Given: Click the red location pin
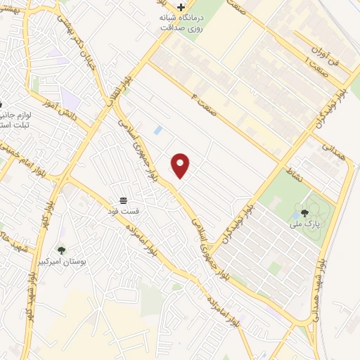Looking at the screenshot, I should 181,165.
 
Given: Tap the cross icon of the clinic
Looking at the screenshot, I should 181,7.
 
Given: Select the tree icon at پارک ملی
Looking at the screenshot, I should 304,212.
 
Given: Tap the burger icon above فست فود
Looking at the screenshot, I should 124,200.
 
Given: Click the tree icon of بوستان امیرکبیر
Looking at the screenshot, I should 61,250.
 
